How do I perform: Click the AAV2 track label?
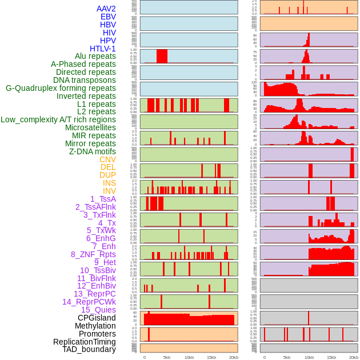(x=106, y=9)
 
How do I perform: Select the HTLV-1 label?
(x=103, y=49)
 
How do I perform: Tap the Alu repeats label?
(x=95, y=56)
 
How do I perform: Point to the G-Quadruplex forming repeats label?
(x=61, y=88)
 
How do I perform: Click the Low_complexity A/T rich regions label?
(x=58, y=119)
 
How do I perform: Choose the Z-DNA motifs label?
(x=93, y=151)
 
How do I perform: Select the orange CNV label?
(x=107, y=159)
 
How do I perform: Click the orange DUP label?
(x=107, y=175)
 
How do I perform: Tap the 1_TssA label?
(x=103, y=199)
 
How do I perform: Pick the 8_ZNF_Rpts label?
(x=93, y=254)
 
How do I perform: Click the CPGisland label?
(x=97, y=318)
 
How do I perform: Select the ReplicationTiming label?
(x=85, y=342)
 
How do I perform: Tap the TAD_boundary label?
(x=89, y=349)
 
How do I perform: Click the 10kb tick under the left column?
(x=189, y=357)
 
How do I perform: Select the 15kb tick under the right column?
(x=331, y=357)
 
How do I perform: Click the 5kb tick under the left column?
(x=167, y=357)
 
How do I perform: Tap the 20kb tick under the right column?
(x=354, y=357)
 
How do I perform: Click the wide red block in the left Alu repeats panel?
(x=162, y=56)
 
